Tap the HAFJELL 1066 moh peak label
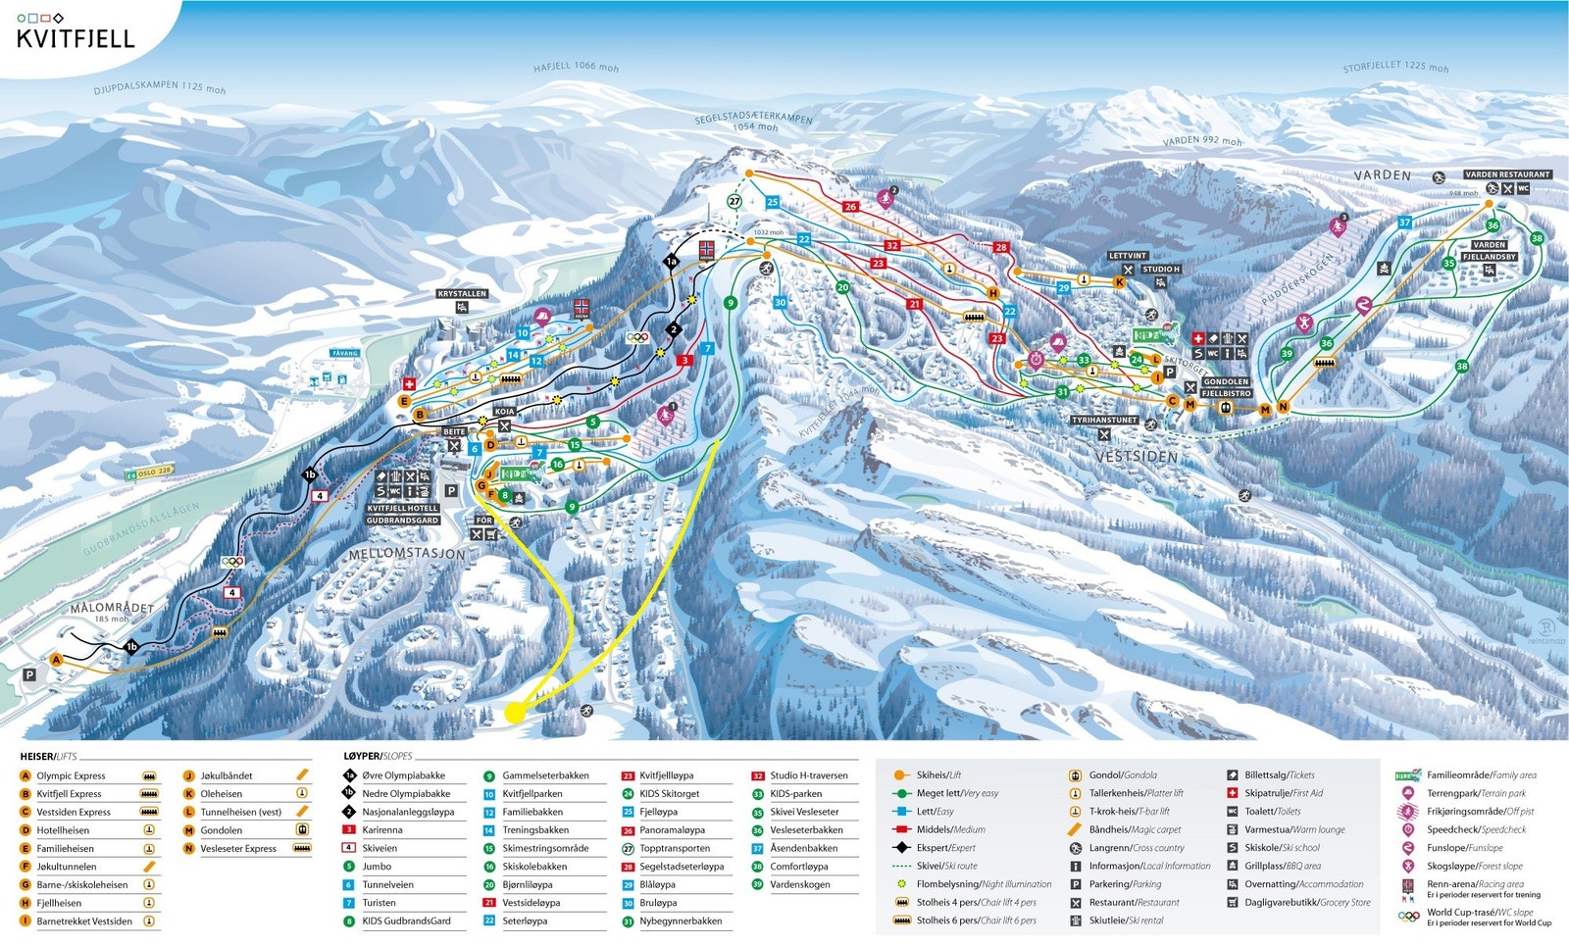tap(576, 68)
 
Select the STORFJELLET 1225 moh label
tap(1395, 67)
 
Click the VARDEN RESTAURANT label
tap(1507, 174)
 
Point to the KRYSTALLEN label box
tap(462, 294)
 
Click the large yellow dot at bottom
tap(514, 713)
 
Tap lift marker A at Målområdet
tap(56, 660)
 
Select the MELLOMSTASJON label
tap(407, 554)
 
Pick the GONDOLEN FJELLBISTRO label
tap(1226, 387)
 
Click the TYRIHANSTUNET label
tap(1104, 420)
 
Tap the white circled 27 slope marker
tap(734, 201)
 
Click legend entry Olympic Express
tap(71, 775)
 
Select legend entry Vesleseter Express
tap(238, 849)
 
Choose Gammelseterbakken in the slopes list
tap(545, 775)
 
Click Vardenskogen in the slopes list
tap(799, 884)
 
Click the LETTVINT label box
tap(1128, 256)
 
